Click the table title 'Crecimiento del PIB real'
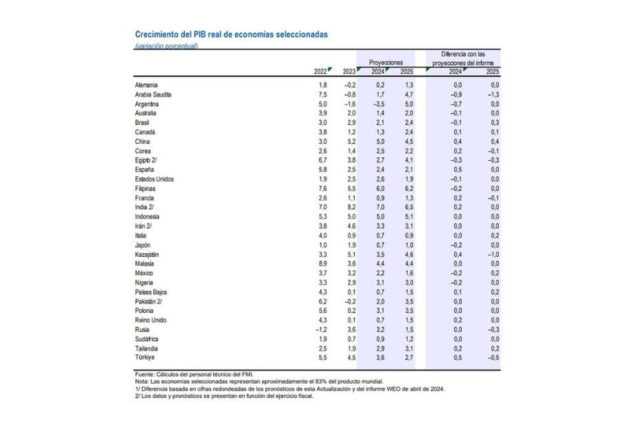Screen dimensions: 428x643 [x=231, y=35]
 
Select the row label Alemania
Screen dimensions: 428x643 [x=146, y=86]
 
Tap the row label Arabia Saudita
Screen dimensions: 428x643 [x=153, y=95]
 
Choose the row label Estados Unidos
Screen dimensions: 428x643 [x=155, y=179]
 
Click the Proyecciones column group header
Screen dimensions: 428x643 [x=386, y=63]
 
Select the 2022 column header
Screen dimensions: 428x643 [x=320, y=72]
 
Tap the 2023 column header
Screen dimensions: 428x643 [x=349, y=72]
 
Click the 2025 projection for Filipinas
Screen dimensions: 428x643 [x=406, y=189]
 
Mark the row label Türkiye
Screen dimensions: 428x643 [x=145, y=357]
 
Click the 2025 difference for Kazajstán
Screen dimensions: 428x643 [x=491, y=254]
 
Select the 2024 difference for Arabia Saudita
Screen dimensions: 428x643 [x=456, y=95]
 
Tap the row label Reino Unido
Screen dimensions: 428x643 [x=151, y=320]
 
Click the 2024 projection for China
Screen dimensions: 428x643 [x=378, y=142]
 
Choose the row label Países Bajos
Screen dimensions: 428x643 [x=152, y=291]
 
